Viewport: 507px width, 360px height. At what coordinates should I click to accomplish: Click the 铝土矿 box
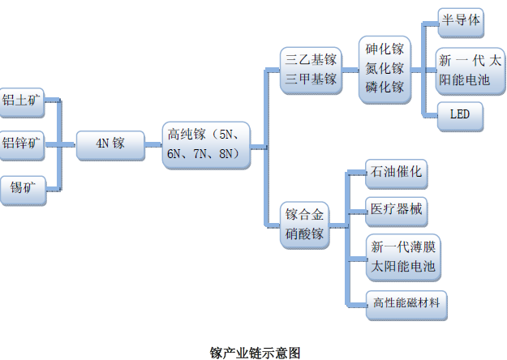point(20,101)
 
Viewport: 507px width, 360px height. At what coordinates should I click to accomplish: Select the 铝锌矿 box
point(21,144)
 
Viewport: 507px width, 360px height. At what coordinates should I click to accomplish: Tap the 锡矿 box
point(21,189)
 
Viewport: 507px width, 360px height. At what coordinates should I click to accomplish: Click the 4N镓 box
point(110,144)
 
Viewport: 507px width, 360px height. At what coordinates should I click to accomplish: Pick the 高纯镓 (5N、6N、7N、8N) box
point(205,144)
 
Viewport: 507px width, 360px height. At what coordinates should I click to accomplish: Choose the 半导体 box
point(460,21)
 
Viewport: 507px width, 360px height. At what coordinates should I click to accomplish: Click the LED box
point(460,115)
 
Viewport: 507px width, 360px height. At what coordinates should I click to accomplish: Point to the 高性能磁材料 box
point(406,303)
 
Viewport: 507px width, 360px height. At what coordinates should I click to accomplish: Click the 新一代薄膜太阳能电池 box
point(403,256)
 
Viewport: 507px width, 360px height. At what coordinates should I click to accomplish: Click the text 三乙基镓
point(311,60)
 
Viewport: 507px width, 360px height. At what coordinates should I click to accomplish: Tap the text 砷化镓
point(385,49)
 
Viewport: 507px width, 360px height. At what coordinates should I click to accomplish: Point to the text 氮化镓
point(385,69)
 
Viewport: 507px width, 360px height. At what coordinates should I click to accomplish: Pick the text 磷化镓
point(385,88)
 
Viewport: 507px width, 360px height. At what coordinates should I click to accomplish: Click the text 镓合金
point(305,216)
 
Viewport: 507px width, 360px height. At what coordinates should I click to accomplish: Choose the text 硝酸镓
point(305,234)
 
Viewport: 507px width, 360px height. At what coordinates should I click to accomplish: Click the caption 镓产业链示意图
point(254,353)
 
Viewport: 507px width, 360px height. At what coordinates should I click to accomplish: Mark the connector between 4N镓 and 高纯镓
point(154,144)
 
